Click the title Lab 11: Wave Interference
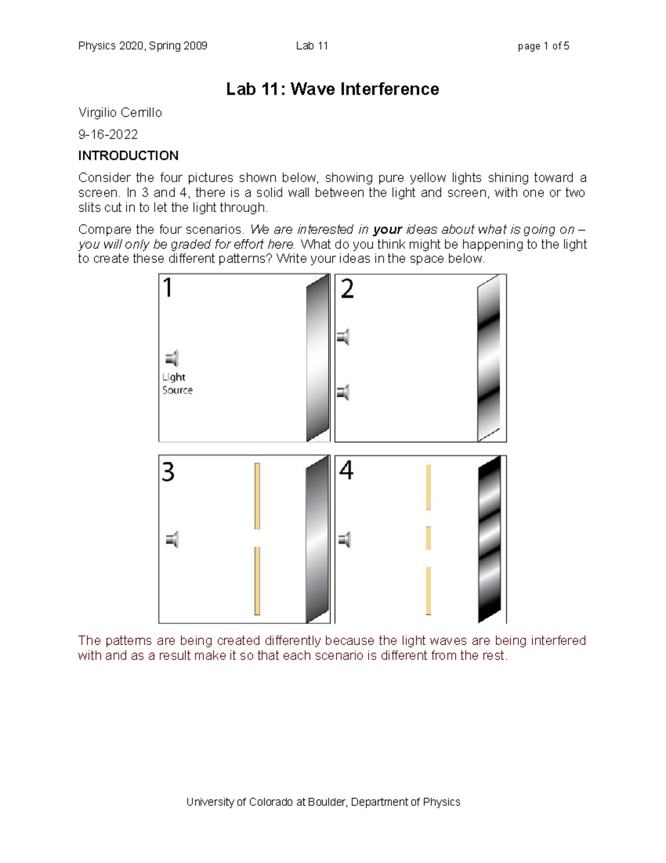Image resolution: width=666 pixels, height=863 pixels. tap(332, 89)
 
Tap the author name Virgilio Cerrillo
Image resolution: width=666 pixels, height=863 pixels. tap(120, 113)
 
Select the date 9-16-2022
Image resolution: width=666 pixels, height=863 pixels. tap(108, 134)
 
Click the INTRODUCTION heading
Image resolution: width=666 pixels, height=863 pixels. tap(128, 155)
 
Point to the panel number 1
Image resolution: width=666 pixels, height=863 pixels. tap(168, 289)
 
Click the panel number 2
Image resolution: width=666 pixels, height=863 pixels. tap(347, 289)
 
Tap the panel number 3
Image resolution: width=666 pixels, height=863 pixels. tap(168, 472)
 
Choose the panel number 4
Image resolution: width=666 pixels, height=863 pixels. tap(346, 471)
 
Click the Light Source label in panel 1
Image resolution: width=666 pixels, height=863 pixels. tap(177, 383)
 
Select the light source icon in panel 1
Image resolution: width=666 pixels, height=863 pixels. tap(172, 358)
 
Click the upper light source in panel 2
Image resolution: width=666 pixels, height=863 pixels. tap(343, 337)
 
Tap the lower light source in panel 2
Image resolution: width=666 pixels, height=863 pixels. tap(343, 392)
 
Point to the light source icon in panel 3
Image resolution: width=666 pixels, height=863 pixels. tap(172, 540)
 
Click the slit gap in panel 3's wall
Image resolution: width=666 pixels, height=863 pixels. tap(257, 538)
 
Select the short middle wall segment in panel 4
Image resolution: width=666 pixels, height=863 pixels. tap(428, 538)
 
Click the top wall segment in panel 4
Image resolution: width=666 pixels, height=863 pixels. tap(428, 487)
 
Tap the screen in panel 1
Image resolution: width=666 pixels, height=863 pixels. tap(317, 358)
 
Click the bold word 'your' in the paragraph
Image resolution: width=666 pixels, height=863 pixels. tap(387, 230)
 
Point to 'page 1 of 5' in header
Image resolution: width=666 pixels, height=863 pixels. tap(543, 46)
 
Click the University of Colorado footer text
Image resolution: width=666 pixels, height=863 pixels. tap(323, 802)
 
